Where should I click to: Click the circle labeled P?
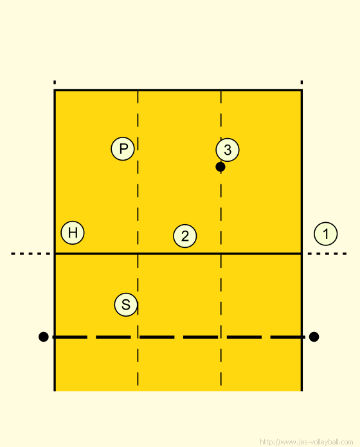pyautogui.click(x=123, y=148)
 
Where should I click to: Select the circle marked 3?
pyautogui.click(x=228, y=150)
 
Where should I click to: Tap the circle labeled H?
pyautogui.click(x=73, y=232)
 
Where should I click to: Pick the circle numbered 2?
pyautogui.click(x=185, y=236)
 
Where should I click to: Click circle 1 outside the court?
pyautogui.click(x=325, y=234)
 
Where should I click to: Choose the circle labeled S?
pyautogui.click(x=126, y=304)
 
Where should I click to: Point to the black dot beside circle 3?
pyautogui.click(x=221, y=167)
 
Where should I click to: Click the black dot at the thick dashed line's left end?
pyautogui.click(x=43, y=337)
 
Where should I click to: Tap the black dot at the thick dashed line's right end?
pyautogui.click(x=314, y=337)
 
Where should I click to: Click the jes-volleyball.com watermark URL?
pyautogui.click(x=307, y=442)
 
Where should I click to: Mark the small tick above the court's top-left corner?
pyautogui.click(x=55, y=82)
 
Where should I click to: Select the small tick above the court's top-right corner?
pyautogui.click(x=301, y=82)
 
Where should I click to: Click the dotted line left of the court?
pyautogui.click(x=30, y=254)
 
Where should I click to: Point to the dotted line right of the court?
pyautogui.click(x=327, y=254)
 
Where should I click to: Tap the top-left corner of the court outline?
pyautogui.click(x=55, y=91)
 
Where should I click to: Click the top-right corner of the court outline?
pyautogui.click(x=301, y=91)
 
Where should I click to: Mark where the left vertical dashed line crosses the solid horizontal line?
pyautogui.click(x=138, y=253)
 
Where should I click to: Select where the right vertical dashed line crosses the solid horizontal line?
pyautogui.click(x=221, y=253)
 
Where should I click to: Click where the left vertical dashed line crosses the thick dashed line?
pyautogui.click(x=138, y=337)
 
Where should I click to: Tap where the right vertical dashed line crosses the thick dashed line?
pyautogui.click(x=221, y=337)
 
